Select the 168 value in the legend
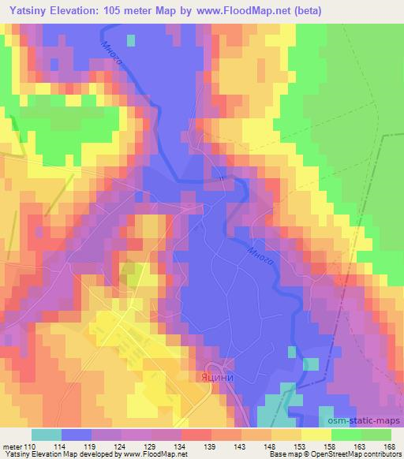(x=390, y=447)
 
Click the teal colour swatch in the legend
(x=47, y=435)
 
